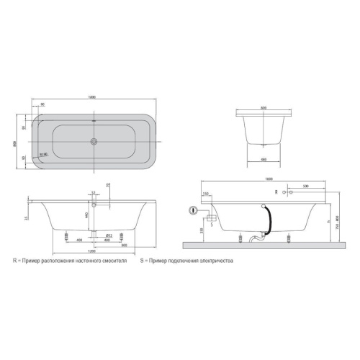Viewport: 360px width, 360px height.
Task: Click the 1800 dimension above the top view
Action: pos(94,97)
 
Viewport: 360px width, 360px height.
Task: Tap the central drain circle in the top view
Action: pos(94,142)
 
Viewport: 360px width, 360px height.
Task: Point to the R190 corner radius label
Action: pos(42,153)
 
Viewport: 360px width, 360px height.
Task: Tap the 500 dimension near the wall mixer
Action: pos(306,186)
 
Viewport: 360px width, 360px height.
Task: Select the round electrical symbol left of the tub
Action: pos(193,211)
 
